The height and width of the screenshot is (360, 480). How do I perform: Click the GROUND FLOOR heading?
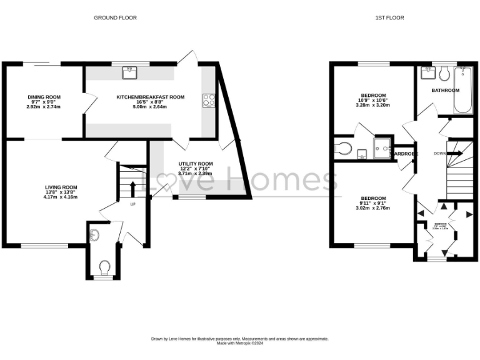pos(115,18)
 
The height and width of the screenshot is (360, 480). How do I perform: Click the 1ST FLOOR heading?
pos(389,18)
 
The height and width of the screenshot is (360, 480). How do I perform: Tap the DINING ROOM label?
pos(44,97)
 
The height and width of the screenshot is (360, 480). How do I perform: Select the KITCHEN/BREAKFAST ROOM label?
pos(151,97)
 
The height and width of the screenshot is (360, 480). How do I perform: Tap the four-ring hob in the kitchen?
pos(208,101)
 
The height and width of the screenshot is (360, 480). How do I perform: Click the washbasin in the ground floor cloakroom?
pos(94,235)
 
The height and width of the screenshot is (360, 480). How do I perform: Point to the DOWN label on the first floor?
pos(439,153)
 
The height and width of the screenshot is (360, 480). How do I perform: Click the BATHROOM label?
pos(445,90)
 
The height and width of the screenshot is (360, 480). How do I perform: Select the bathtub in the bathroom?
pos(462,90)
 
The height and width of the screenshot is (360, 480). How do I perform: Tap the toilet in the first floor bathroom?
pos(444,74)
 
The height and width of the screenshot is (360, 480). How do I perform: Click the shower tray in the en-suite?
pos(381,147)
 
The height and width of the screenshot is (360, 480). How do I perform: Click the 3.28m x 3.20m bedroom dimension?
pos(372,105)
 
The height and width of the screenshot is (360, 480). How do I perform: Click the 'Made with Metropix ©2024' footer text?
pos(239,343)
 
